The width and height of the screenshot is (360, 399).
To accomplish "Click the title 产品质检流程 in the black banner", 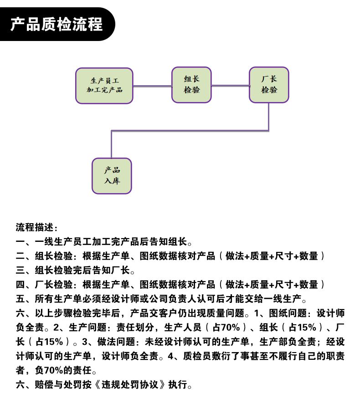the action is coord(56,24).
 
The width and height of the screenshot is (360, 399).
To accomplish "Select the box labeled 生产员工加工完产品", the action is coord(104,86).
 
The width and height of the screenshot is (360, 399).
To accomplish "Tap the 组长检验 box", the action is coord(191,85).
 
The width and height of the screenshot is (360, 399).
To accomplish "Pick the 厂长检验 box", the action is coord(269,85).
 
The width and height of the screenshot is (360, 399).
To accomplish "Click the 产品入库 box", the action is coord(112,176).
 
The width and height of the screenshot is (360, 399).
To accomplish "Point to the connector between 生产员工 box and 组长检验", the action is coord(152,86).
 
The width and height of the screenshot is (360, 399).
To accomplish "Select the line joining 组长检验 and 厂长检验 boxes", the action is coord(230,86).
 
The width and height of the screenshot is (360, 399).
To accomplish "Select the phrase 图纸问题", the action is coord(288,313).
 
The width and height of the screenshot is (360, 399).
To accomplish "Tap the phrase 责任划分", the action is coord(135,327).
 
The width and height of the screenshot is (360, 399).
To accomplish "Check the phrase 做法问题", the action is coord(116,342).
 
